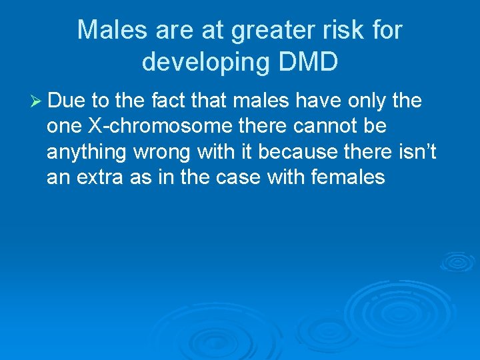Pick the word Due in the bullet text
(67, 101)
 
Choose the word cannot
(325, 127)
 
